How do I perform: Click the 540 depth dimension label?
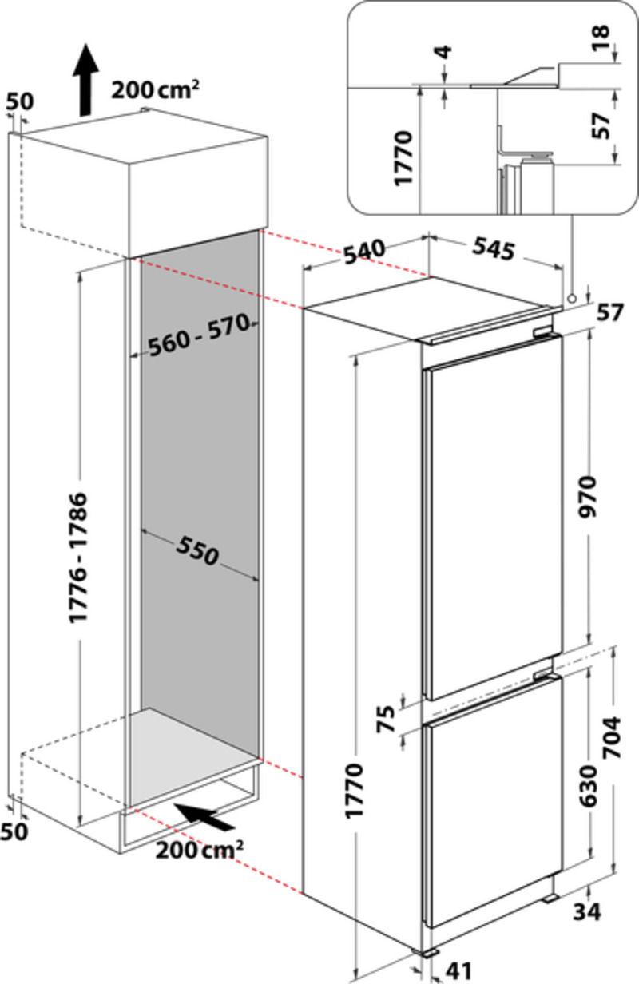click(364, 252)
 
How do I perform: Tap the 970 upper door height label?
click(589, 498)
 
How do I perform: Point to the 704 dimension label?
click(612, 737)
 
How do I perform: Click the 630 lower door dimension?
click(589, 786)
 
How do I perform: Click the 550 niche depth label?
click(197, 550)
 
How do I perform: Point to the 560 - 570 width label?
click(199, 335)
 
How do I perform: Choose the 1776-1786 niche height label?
click(79, 557)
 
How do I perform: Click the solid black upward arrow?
click(85, 80)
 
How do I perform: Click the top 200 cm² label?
click(155, 89)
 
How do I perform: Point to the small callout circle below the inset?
click(572, 298)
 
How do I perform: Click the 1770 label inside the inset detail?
click(403, 157)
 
